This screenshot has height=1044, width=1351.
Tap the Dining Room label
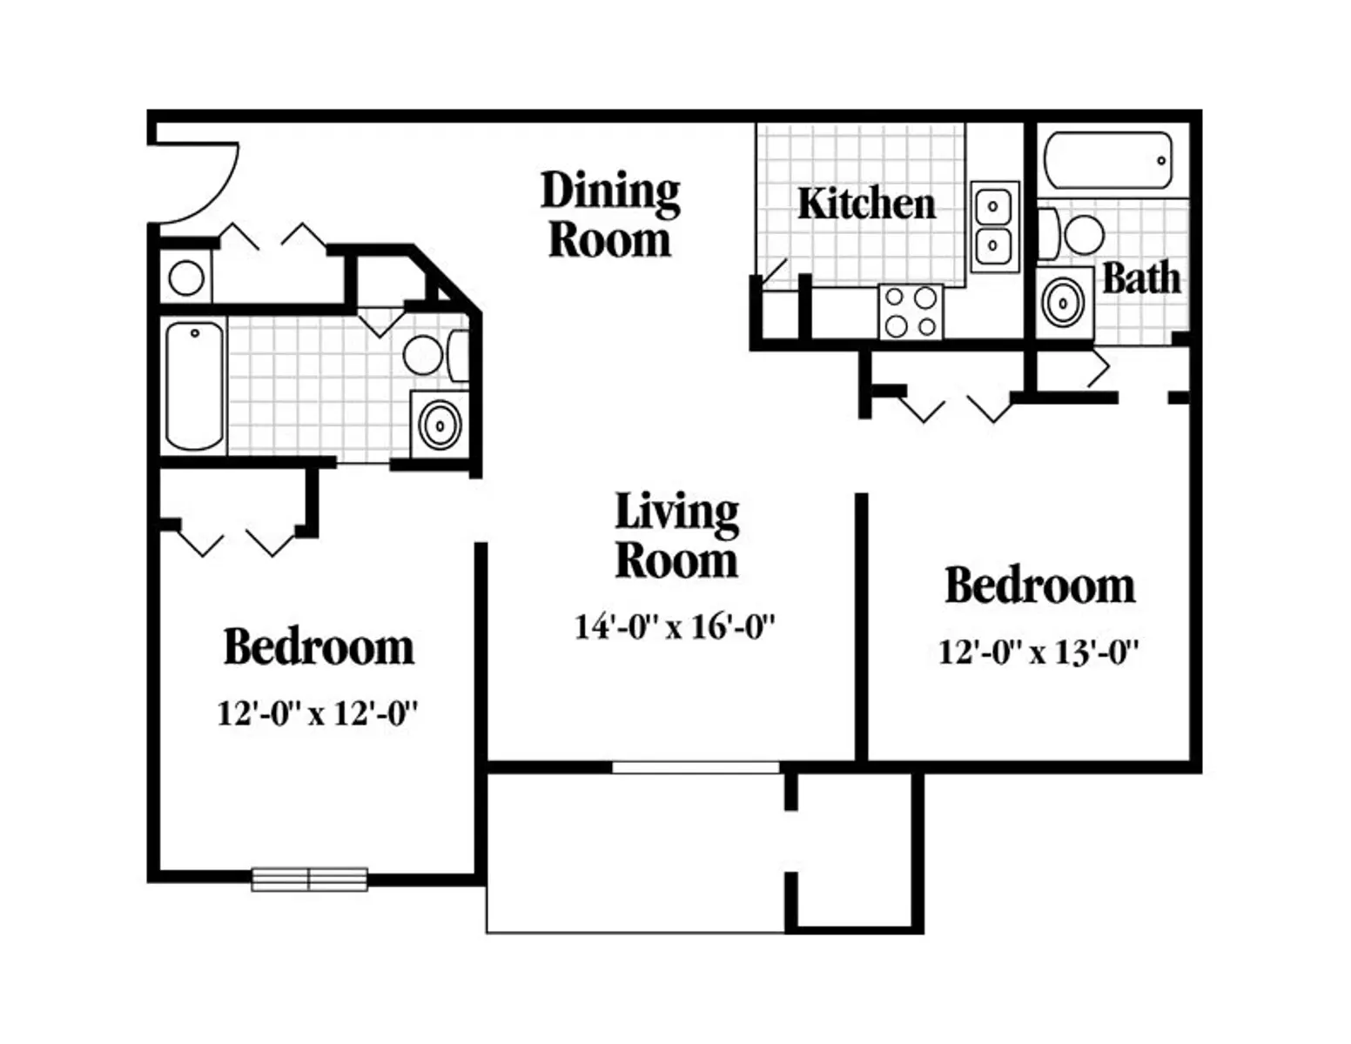(x=610, y=214)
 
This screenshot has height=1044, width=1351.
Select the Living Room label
(x=677, y=535)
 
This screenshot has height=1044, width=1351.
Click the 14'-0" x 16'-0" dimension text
(x=675, y=626)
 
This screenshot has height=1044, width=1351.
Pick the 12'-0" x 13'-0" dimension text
(x=1038, y=652)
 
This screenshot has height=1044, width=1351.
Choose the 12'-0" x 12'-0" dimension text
(x=317, y=713)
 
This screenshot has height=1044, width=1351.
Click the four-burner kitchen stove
(x=911, y=311)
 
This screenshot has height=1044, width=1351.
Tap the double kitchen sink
(x=995, y=226)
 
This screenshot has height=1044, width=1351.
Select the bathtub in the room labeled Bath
(x=1108, y=160)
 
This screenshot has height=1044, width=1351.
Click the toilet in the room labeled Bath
(x=1071, y=234)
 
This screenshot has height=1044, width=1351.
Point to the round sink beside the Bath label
(x=1064, y=303)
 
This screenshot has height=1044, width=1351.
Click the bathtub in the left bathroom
(x=194, y=385)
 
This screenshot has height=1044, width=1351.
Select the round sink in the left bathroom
(x=440, y=425)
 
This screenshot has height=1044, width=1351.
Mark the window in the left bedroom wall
(x=310, y=880)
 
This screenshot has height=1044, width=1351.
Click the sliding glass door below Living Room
(x=696, y=767)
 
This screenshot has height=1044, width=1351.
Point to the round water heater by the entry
(x=186, y=277)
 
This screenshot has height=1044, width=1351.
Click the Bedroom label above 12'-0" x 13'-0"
(x=1040, y=586)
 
